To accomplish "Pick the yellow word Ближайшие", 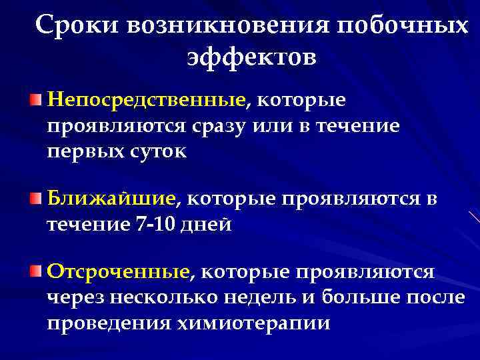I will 111,198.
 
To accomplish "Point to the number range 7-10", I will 157,224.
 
